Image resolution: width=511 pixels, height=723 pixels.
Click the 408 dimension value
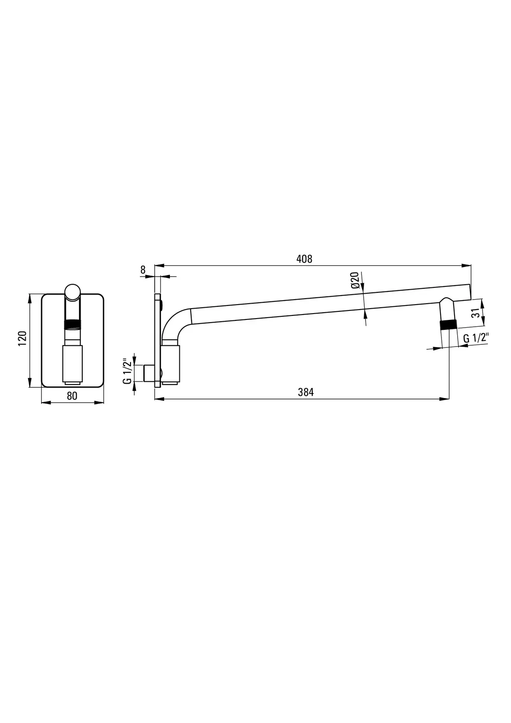click(x=305, y=259)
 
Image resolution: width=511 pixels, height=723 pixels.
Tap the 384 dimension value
click(x=306, y=392)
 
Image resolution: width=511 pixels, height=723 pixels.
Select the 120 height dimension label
click(x=22, y=338)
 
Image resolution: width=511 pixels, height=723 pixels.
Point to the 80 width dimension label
click(x=72, y=396)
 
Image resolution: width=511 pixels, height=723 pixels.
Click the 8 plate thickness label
click(x=143, y=270)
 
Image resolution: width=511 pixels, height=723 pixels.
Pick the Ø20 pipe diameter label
click(x=355, y=280)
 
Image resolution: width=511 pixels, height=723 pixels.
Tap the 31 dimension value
click(x=475, y=313)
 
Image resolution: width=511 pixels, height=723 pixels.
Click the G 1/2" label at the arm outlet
click(x=476, y=338)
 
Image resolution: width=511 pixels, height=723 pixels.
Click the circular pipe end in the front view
click(x=73, y=292)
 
